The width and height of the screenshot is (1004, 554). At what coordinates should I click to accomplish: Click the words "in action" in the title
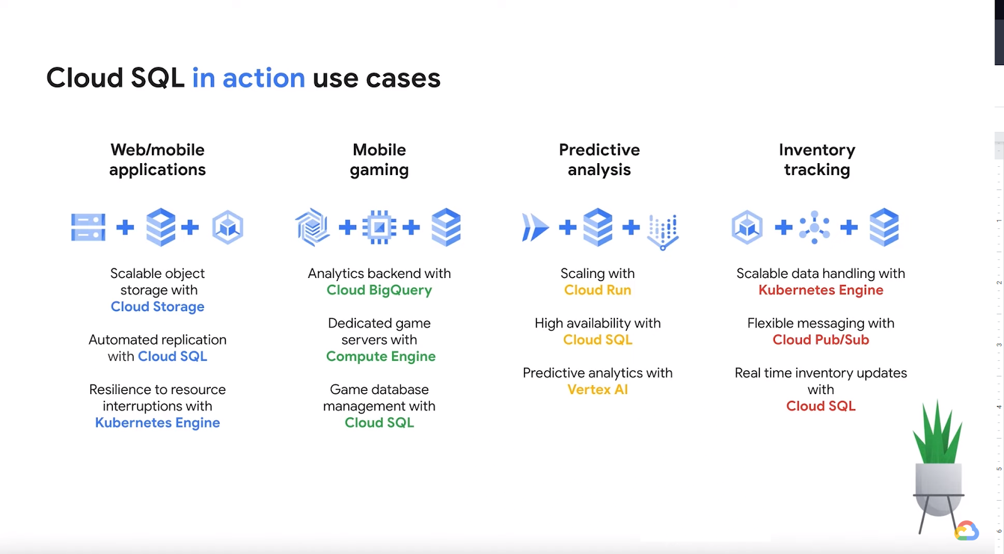248,78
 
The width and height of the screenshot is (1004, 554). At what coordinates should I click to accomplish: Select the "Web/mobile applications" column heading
158,159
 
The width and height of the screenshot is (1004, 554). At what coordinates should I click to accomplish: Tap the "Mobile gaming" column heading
379,159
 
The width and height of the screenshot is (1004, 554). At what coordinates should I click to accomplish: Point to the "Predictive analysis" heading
599,159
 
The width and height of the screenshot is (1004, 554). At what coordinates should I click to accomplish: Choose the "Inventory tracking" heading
817,159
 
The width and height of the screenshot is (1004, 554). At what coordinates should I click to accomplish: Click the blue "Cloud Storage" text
158,307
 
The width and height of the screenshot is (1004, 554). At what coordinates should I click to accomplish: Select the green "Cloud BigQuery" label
379,290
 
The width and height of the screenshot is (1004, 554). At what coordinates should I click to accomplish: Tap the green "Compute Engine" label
380,356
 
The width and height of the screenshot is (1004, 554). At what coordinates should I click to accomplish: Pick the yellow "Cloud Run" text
597,290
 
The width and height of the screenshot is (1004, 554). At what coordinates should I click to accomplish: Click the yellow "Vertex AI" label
597,390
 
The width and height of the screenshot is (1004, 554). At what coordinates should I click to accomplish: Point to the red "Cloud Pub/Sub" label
821,340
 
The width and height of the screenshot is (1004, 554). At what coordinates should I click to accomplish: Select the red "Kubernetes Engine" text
821,290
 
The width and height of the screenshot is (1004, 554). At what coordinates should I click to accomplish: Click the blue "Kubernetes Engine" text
158,423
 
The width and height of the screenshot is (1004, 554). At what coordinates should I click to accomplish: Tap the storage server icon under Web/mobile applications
88,227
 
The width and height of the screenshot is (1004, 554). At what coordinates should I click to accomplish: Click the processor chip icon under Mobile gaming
379,227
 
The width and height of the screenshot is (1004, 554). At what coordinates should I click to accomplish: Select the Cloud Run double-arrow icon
535,227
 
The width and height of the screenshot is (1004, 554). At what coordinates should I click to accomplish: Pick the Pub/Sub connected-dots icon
814,227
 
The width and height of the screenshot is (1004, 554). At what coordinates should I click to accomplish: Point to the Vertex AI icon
663,232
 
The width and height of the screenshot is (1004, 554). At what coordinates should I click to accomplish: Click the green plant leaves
937,432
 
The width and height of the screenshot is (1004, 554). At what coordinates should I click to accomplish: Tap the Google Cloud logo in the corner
967,531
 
